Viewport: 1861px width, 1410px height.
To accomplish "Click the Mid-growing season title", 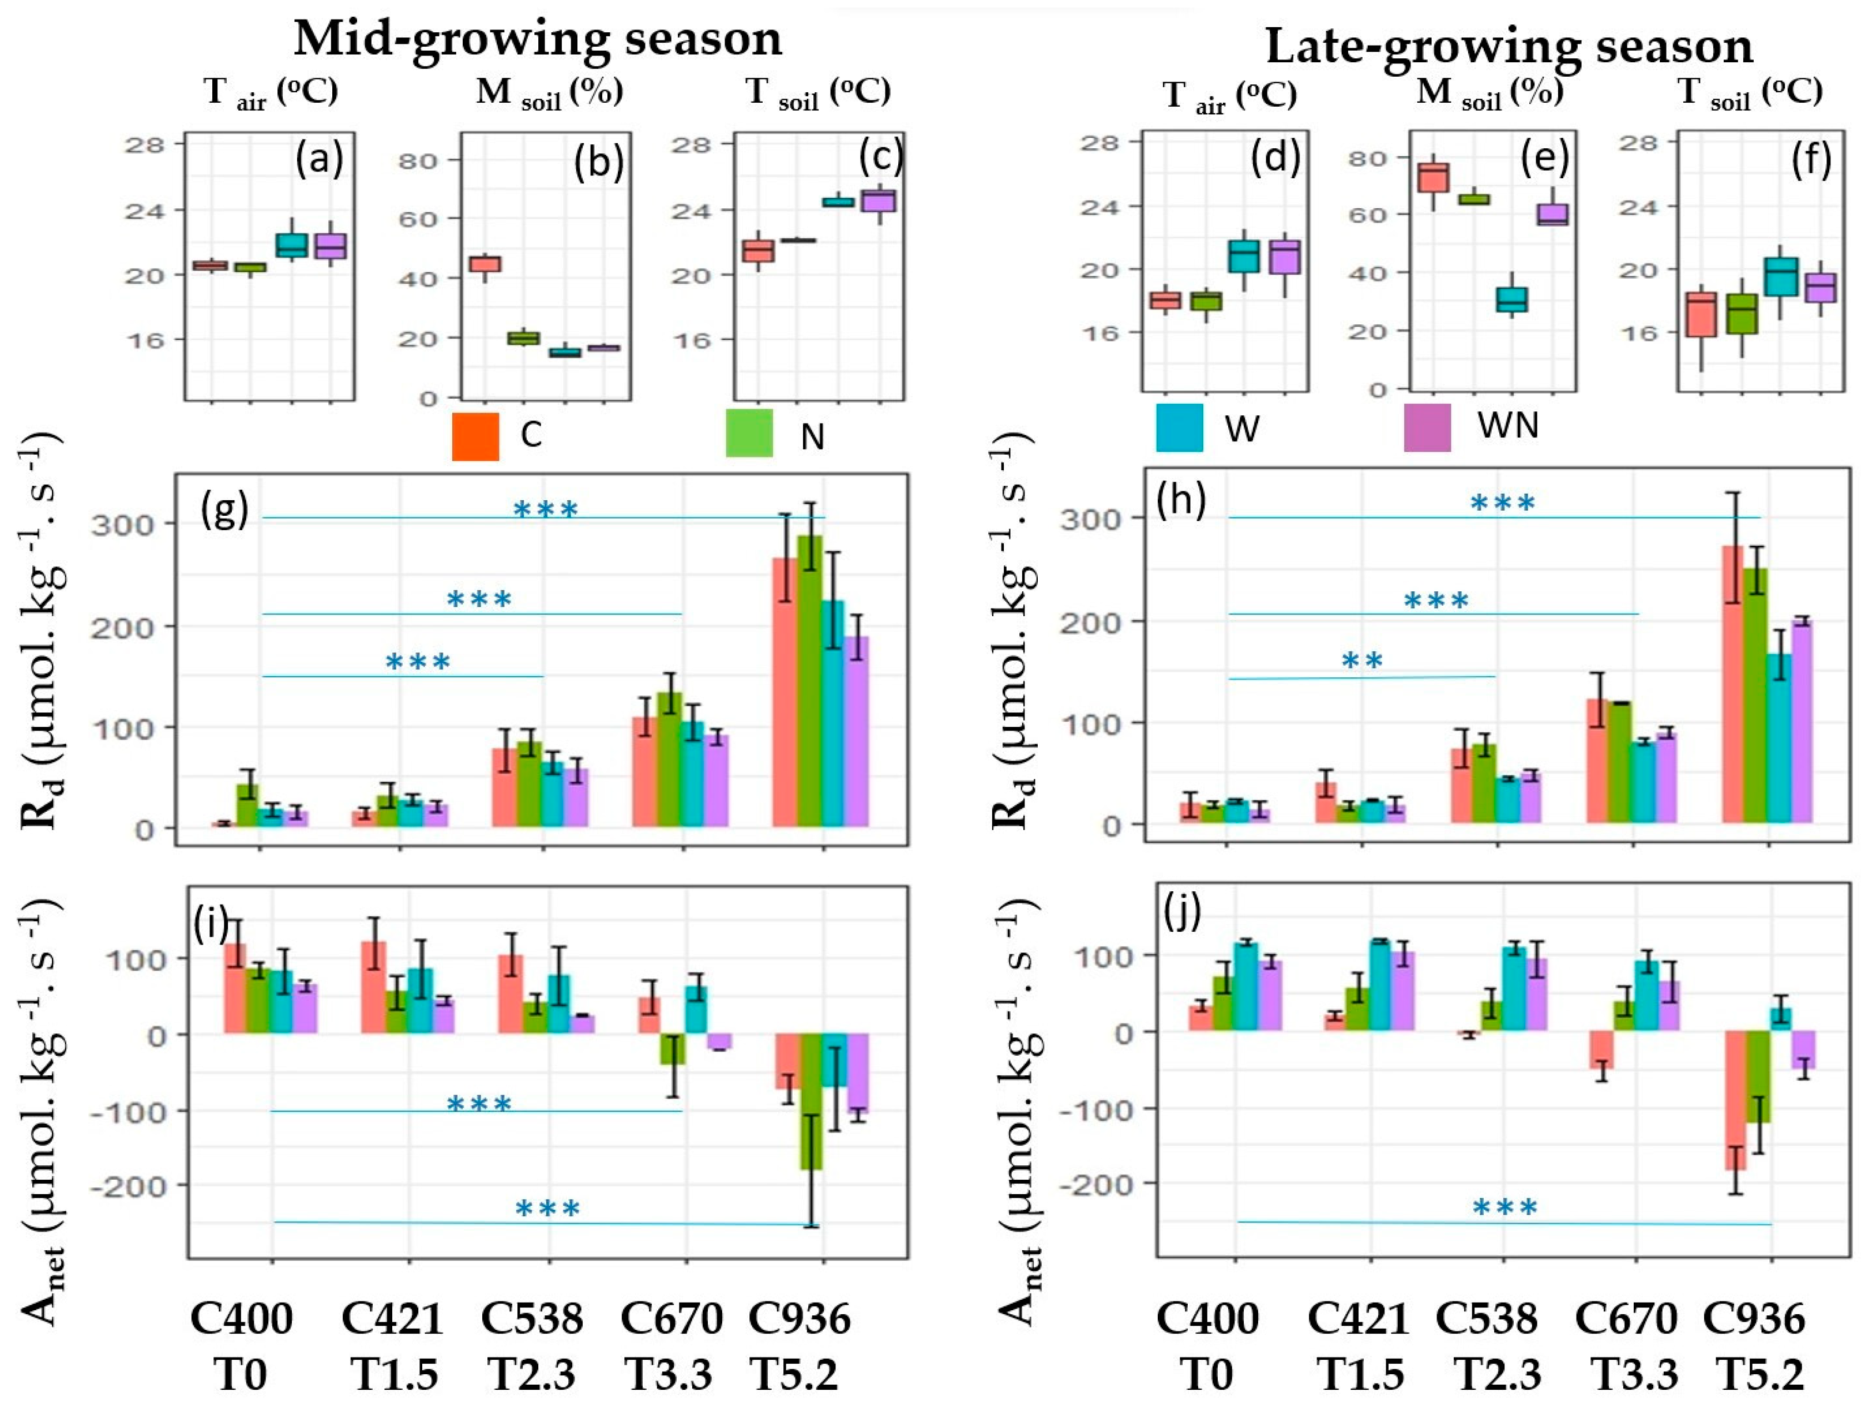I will [538, 39].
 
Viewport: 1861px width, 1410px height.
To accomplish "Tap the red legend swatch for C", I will [475, 436].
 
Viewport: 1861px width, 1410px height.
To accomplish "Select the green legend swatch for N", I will [749, 433].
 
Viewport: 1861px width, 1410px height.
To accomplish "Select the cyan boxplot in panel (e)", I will [1512, 299].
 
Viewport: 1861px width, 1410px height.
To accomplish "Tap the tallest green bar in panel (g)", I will [809, 681].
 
